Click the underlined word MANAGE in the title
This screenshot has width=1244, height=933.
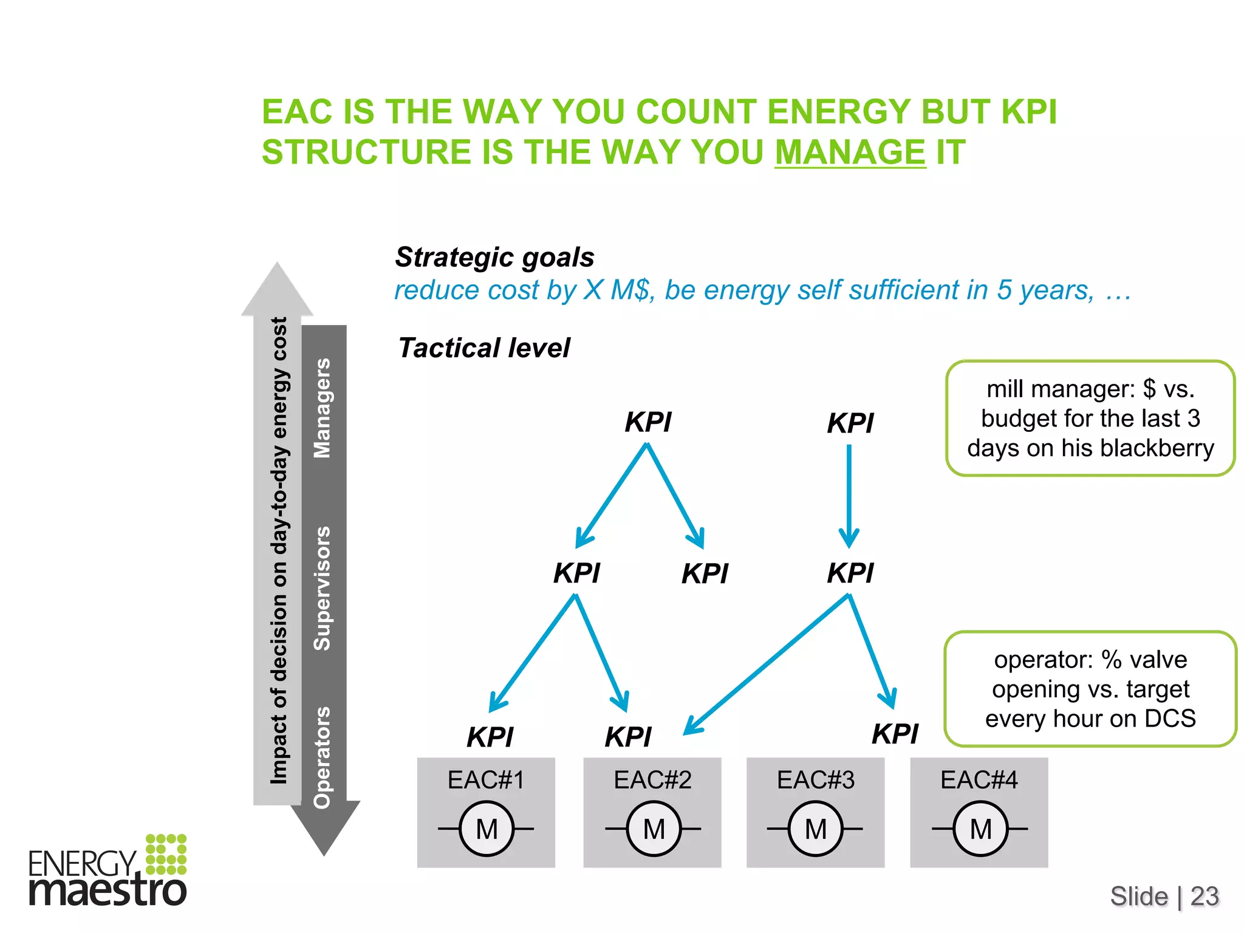(x=850, y=152)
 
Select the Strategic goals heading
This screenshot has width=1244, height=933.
(x=494, y=257)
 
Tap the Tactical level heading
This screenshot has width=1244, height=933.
(x=484, y=348)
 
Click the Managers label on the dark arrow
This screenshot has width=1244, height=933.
(x=322, y=408)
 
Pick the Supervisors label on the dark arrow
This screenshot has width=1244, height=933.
(x=322, y=588)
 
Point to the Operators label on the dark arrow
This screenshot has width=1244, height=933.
(x=322, y=757)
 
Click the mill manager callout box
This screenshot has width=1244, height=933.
(x=1090, y=418)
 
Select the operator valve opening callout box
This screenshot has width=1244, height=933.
(x=1090, y=689)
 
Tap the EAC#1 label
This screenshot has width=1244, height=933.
(x=486, y=780)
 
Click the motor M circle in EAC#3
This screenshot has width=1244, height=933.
(x=815, y=829)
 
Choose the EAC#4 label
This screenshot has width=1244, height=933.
(x=979, y=780)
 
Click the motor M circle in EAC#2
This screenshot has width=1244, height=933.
(x=654, y=829)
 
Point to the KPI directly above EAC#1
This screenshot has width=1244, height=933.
(x=490, y=737)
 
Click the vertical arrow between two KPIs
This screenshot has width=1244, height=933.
(x=849, y=495)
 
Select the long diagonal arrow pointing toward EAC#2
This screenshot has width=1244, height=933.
(x=767, y=665)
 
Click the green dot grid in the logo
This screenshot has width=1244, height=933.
(x=166, y=853)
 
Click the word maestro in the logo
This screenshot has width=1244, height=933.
(x=108, y=890)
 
